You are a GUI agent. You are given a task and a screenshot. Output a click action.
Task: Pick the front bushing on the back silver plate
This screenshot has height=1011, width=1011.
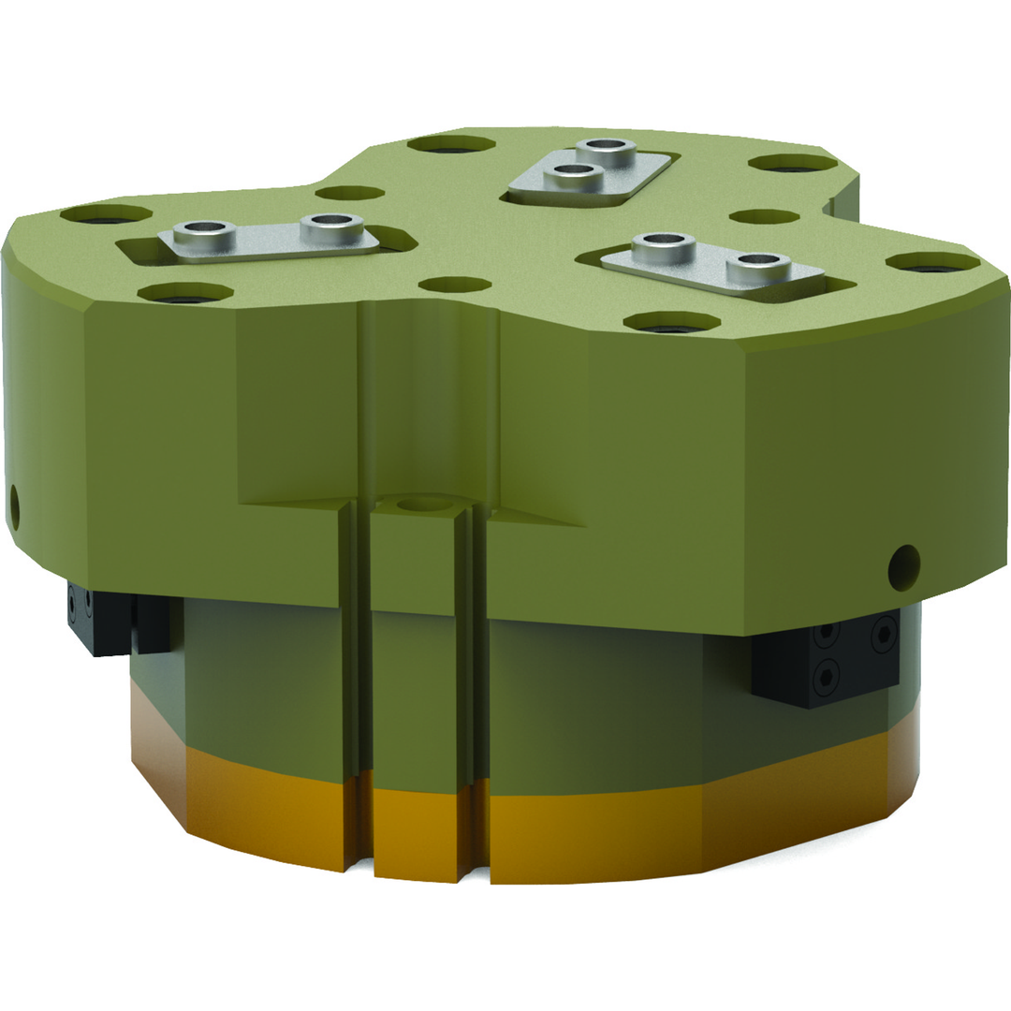click(572, 172)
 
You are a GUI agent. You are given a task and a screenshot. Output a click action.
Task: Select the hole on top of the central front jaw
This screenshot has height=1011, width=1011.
click(424, 504)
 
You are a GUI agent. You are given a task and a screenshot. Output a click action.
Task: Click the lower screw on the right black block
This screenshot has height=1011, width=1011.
click(827, 671)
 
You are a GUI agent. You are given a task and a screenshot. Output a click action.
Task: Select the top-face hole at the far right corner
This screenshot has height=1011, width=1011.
click(932, 262)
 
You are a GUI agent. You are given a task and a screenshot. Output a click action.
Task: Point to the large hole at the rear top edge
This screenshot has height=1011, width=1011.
click(451, 144)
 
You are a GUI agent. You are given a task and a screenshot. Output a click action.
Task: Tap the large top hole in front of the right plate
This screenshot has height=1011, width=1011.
click(671, 323)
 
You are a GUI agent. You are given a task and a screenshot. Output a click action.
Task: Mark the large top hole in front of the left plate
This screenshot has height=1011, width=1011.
click(184, 293)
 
